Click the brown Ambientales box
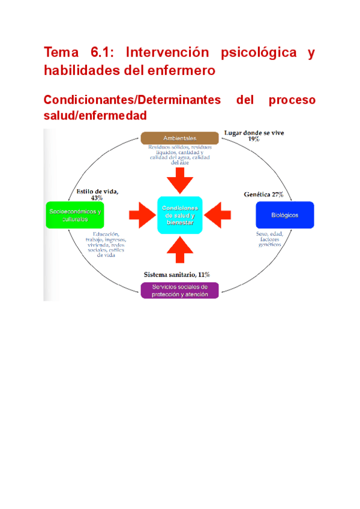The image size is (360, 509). [x=179, y=138]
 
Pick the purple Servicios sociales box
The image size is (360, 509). [x=179, y=291]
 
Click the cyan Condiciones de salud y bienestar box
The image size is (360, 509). [x=180, y=215]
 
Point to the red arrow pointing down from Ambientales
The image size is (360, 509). [x=180, y=179]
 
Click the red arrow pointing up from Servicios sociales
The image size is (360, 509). [x=180, y=250]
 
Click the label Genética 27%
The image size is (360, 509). [x=264, y=194]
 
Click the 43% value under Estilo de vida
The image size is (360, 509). [x=97, y=198]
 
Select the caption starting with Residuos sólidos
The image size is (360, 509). [x=180, y=154]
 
